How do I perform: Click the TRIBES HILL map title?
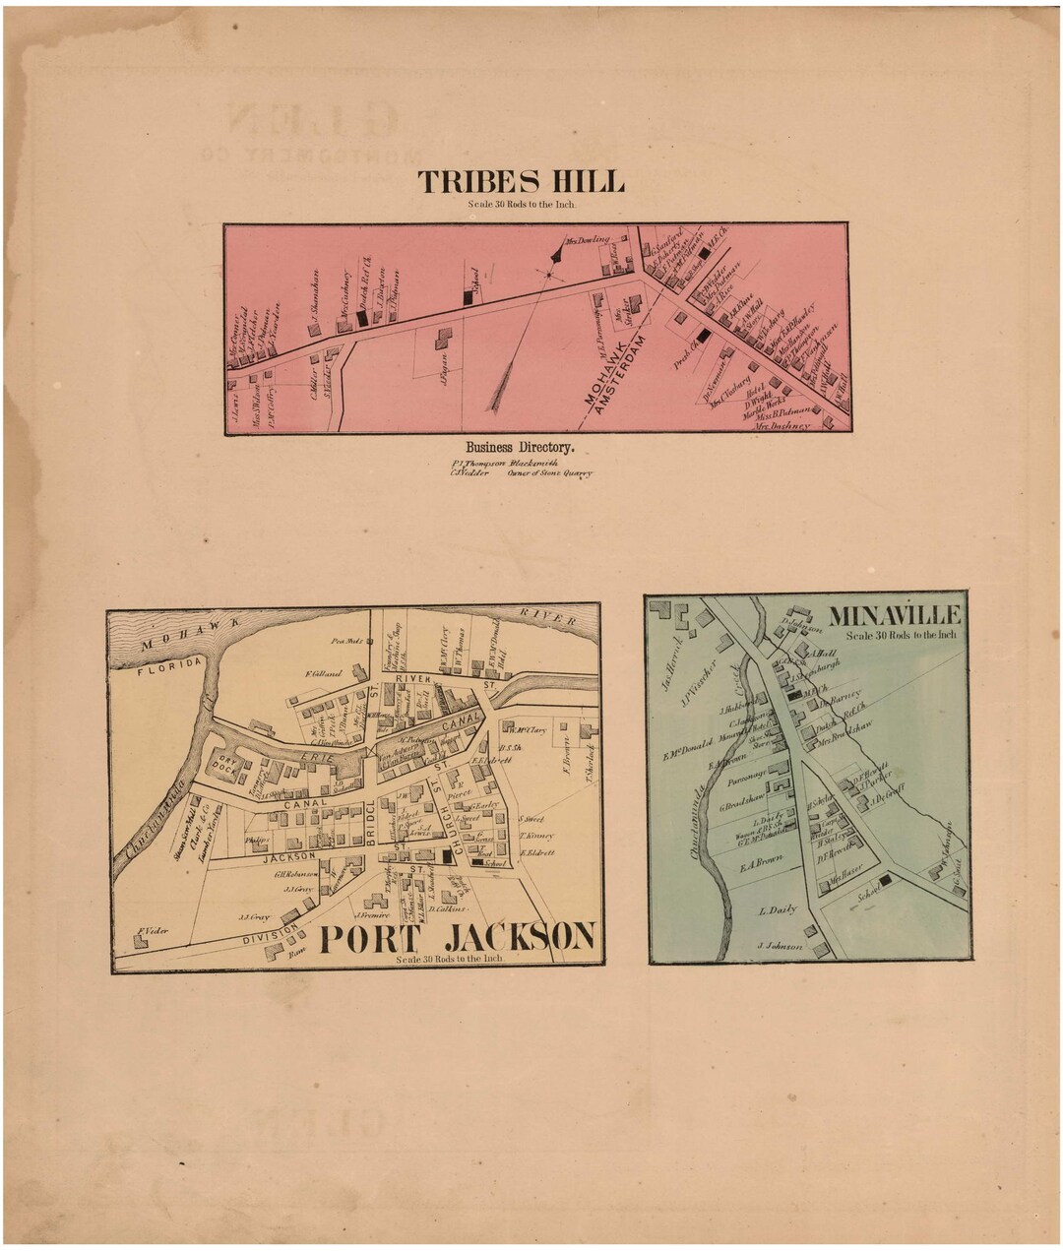pyautogui.click(x=521, y=182)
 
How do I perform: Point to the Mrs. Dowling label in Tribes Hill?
pyautogui.click(x=588, y=239)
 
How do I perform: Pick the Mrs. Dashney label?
pyautogui.click(x=782, y=426)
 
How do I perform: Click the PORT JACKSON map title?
pyautogui.click(x=459, y=937)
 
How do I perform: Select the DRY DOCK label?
pyautogui.click(x=228, y=764)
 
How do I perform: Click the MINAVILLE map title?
pyautogui.click(x=895, y=615)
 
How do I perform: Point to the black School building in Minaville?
pyautogui.click(x=885, y=881)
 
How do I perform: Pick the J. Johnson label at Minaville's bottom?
pyautogui.click(x=781, y=947)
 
